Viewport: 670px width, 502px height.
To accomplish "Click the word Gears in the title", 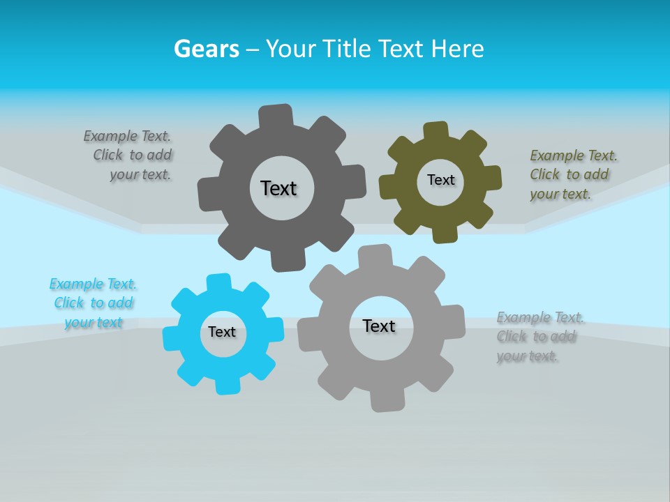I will pos(206,49).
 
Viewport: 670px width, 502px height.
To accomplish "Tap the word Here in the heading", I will pos(457,49).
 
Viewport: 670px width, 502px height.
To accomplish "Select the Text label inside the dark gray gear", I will pos(278,188).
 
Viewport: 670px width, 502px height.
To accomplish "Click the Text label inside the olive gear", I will pos(440,180).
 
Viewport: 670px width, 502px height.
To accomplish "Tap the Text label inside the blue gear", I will pos(222,332).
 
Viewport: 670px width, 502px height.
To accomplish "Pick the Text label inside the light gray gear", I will pos(379,326).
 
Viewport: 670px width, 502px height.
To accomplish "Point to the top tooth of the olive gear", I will pos(435,131).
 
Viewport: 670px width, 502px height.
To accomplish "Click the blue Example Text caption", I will pos(92,303).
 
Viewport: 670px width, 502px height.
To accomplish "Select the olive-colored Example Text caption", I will pos(572,174).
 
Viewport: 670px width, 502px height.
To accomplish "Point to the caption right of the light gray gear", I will pos(539,337).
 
